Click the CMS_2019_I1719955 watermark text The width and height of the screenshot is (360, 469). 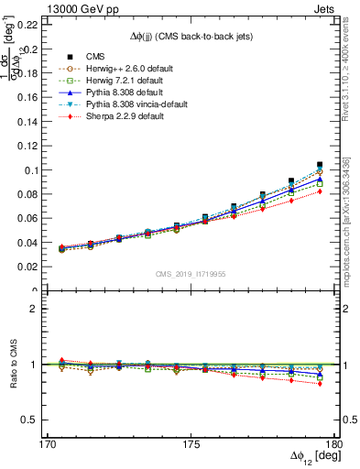(190, 274)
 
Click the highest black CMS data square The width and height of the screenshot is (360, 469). (320, 165)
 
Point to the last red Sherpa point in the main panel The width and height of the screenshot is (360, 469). (320, 191)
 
